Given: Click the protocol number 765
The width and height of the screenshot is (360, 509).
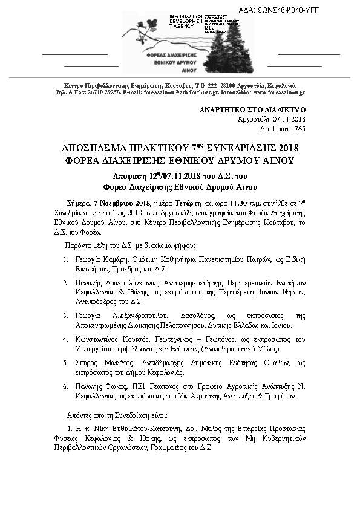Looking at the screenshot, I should point(299,129).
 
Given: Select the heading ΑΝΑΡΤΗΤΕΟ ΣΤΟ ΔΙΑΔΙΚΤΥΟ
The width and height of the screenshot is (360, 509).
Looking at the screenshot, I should point(252,110).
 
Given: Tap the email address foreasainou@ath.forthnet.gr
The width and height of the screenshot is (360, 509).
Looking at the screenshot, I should point(180,93).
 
